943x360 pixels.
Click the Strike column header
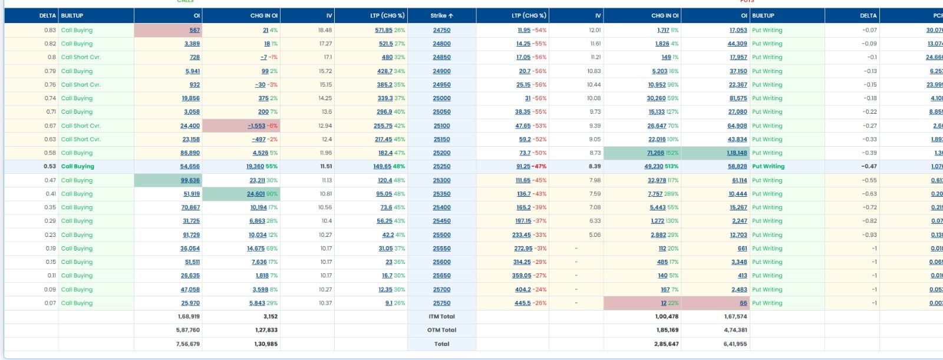click(x=441, y=16)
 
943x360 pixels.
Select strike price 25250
click(x=441, y=167)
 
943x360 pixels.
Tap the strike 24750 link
click(x=441, y=30)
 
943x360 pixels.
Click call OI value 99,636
click(x=190, y=180)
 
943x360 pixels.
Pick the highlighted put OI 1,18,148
click(x=737, y=153)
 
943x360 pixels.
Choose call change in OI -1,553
click(x=256, y=126)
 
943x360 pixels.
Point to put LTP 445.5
click(x=522, y=303)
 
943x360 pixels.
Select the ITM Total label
click(x=441, y=317)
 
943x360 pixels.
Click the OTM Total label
click(x=441, y=331)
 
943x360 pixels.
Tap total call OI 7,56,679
click(x=188, y=344)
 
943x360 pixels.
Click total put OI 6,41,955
click(x=735, y=344)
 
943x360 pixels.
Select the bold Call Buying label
click(x=78, y=167)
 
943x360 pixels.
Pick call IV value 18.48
click(x=325, y=30)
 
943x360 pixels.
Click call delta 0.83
click(x=50, y=30)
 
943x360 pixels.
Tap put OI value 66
click(x=743, y=303)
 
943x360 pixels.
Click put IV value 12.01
click(x=595, y=30)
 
